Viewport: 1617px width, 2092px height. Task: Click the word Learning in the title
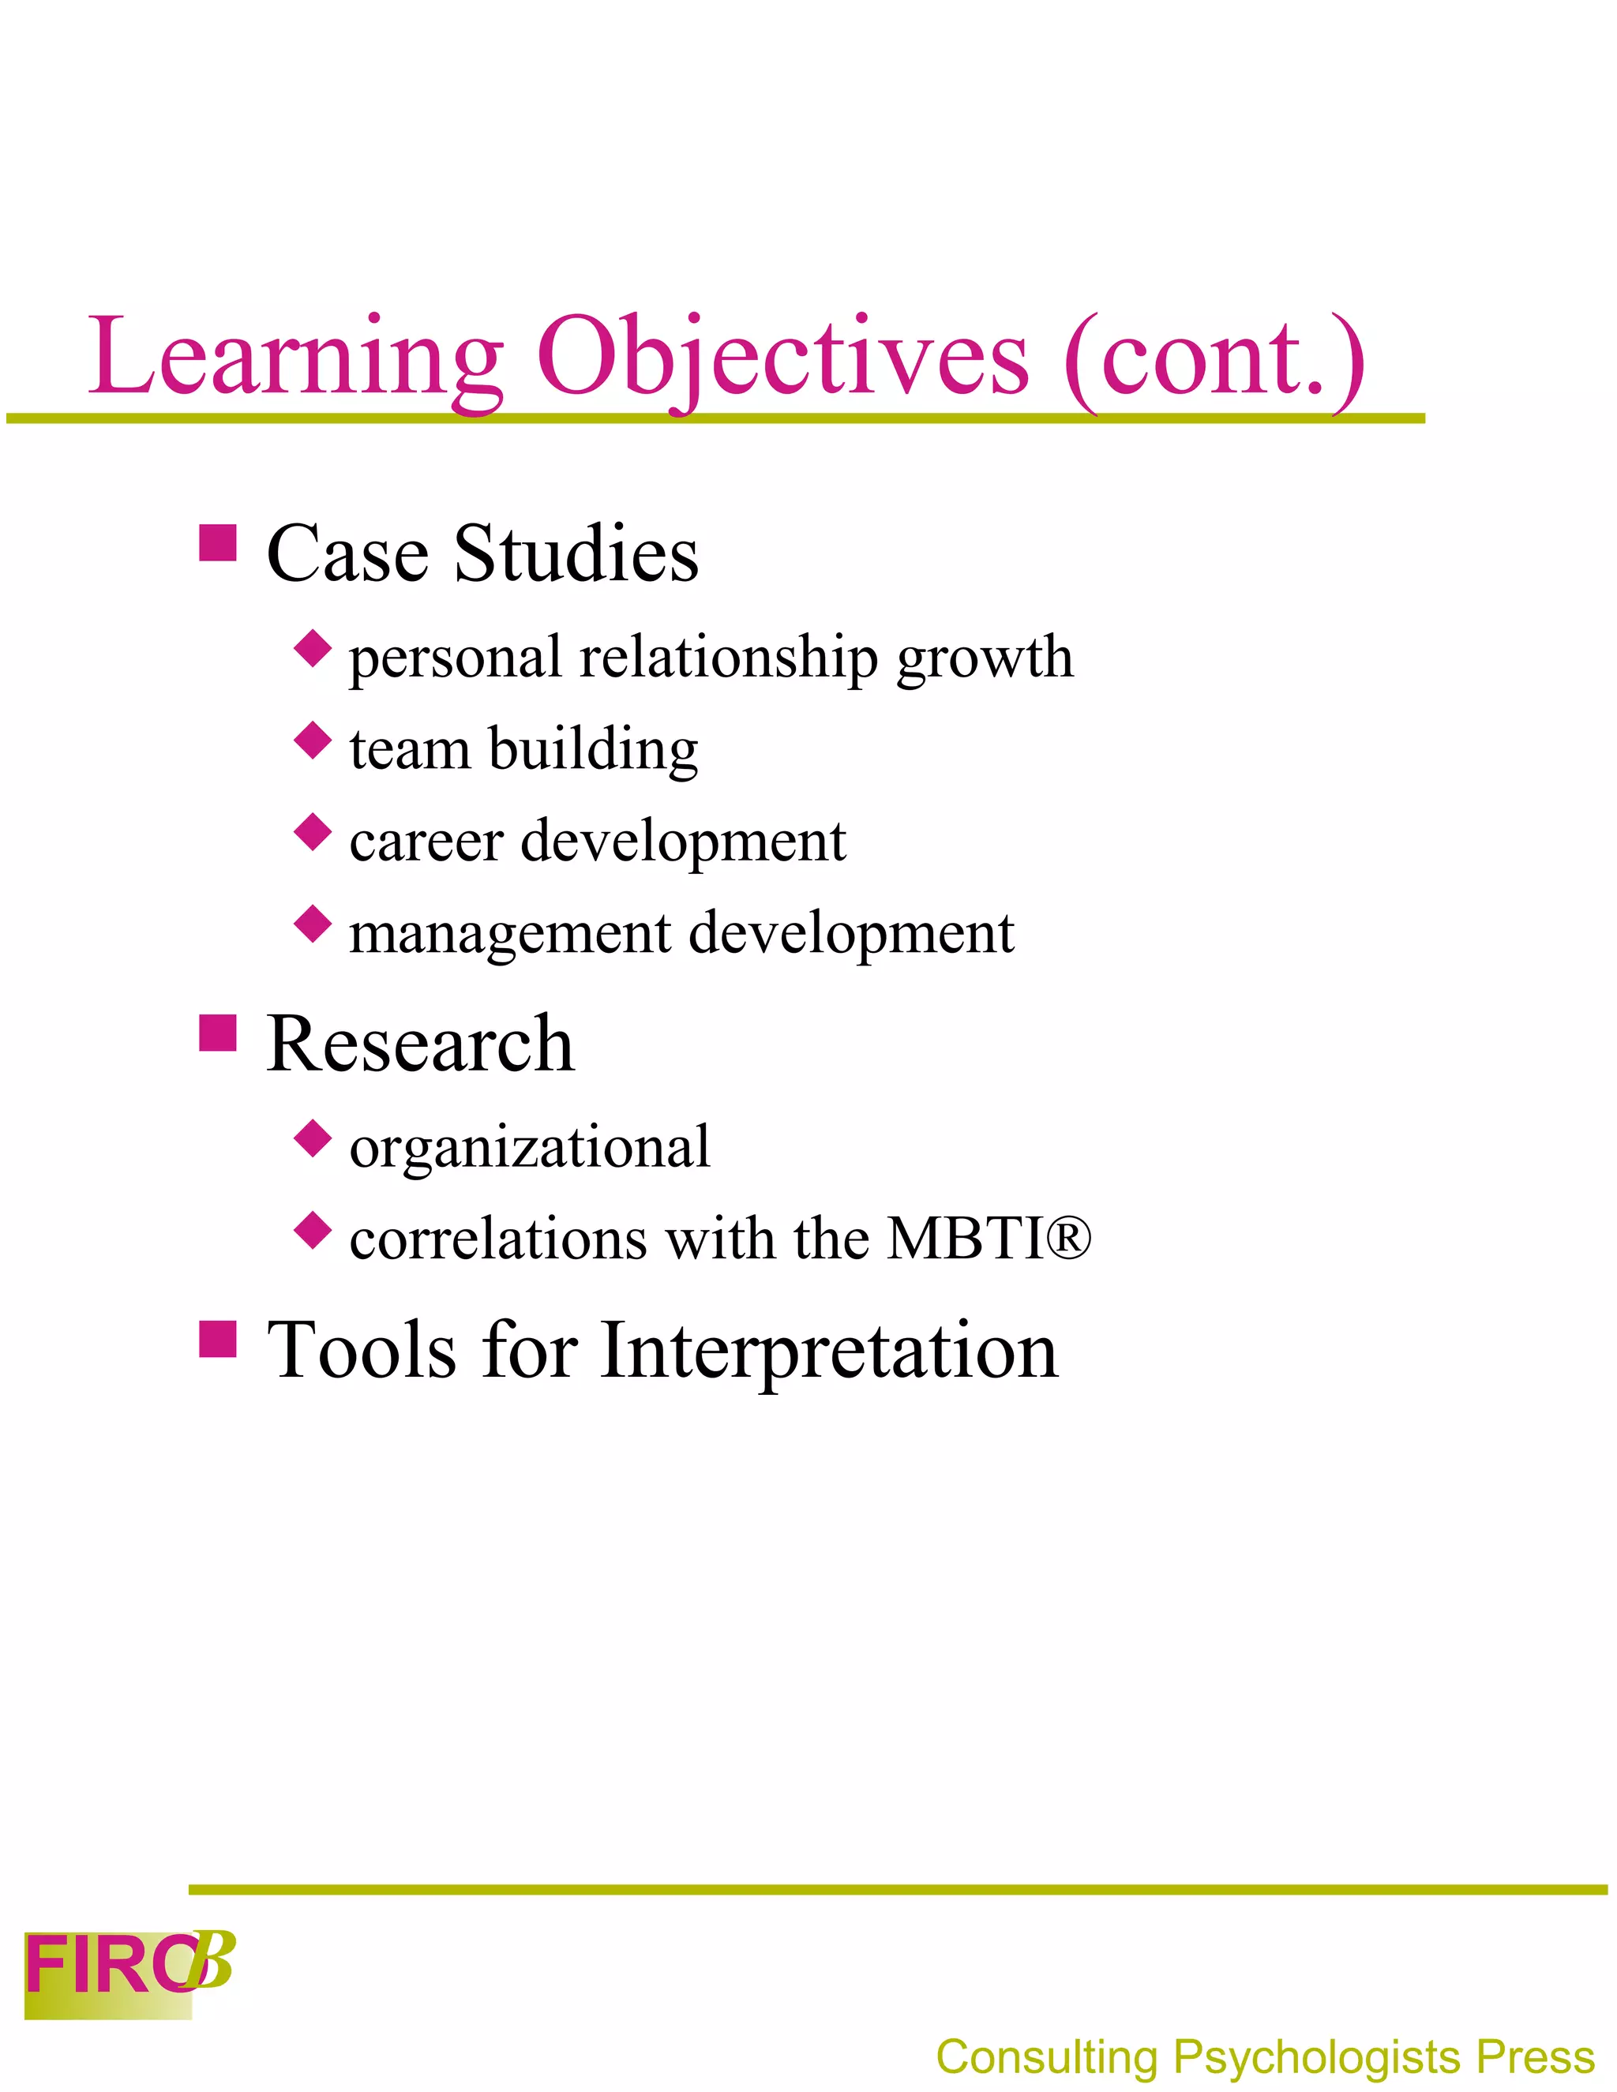pos(295,358)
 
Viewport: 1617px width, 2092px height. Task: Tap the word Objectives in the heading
pos(782,358)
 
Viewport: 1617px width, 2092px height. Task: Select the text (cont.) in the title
pos(1214,358)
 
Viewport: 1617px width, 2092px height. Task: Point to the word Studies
pos(576,555)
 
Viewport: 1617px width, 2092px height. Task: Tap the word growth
pos(985,659)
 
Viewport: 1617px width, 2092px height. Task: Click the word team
pos(410,749)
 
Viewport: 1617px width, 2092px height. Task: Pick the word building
pos(593,751)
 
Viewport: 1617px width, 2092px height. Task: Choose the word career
pos(426,842)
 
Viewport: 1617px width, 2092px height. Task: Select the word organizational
pos(530,1148)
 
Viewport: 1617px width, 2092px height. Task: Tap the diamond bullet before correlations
pos(313,1231)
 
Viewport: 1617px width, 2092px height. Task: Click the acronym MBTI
pos(965,1239)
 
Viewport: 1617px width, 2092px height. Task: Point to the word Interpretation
pos(828,1351)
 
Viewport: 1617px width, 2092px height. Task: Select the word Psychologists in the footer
pos(1317,2056)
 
